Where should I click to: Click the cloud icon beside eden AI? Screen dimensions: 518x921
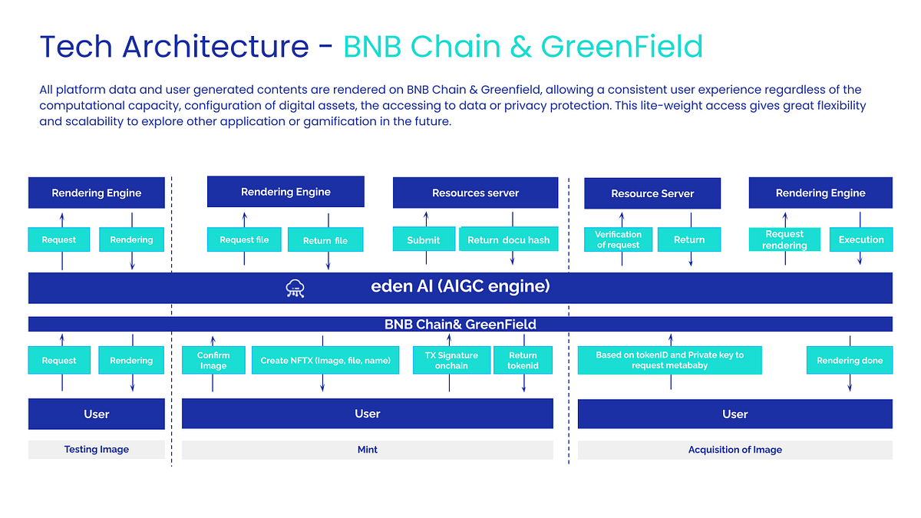point(295,289)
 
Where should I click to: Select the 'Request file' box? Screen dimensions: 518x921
point(244,239)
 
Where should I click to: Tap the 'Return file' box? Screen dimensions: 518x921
point(325,239)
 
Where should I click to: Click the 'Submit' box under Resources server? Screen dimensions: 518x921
point(423,239)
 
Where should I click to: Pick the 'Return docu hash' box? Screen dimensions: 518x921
point(508,239)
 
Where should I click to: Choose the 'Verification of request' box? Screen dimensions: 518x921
point(618,239)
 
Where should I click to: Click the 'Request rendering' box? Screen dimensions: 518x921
point(784,239)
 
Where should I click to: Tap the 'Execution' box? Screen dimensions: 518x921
point(861,239)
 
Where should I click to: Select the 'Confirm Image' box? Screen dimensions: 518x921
point(213,360)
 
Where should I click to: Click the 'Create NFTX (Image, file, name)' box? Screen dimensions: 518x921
point(325,360)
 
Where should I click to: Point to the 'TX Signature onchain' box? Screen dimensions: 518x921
point(451,360)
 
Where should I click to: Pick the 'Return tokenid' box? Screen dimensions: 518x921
point(523,360)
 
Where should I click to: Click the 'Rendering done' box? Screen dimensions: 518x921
point(850,360)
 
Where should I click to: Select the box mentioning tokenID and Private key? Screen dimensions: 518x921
point(670,360)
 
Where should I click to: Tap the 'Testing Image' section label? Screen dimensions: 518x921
point(97,450)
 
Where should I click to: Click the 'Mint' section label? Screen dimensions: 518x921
point(368,450)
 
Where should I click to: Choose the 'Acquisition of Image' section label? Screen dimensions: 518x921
point(734,450)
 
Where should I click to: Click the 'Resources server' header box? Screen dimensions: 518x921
point(475,193)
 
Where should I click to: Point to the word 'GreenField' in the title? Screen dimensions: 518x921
point(622,47)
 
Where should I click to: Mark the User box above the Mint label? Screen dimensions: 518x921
point(368,414)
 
